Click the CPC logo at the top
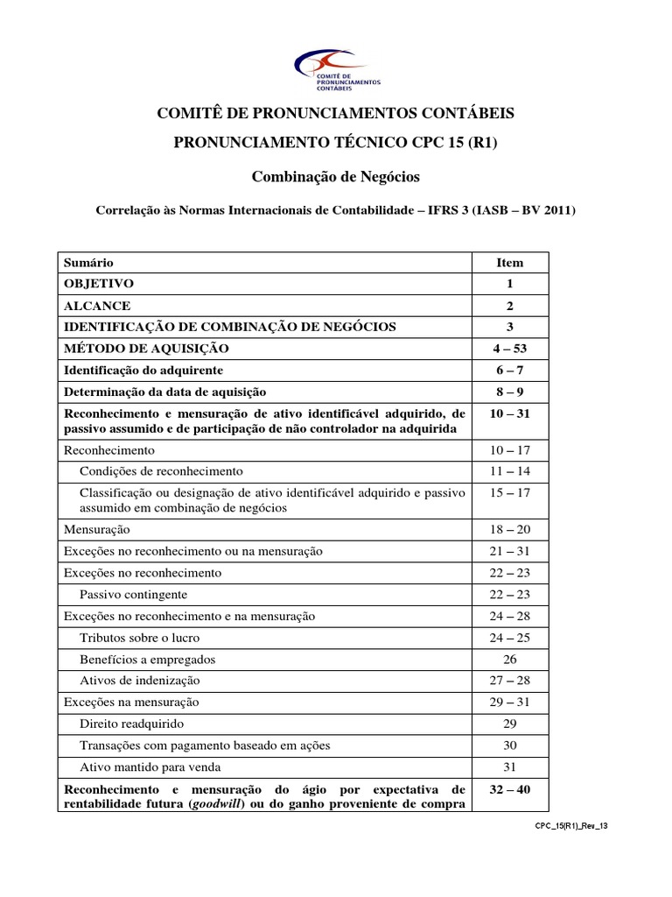[335, 70]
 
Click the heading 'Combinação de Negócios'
[336, 177]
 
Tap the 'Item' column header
[510, 263]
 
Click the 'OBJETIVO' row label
[98, 285]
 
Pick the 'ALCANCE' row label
[96, 306]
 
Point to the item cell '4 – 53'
[510, 349]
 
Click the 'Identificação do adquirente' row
[143, 370]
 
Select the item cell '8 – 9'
[510, 392]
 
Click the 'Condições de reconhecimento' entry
[161, 471]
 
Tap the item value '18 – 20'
[510, 530]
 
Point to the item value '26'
[510, 659]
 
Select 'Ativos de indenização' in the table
[140, 681]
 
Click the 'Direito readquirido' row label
[132, 724]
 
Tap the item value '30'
[510, 745]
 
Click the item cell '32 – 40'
[510, 789]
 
